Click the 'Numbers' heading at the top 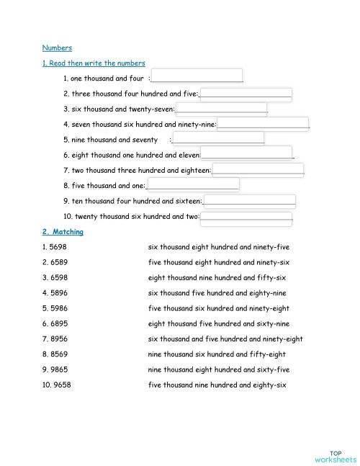(57, 48)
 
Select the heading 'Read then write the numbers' (94, 63)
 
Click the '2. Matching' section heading (63, 232)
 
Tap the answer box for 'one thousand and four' (197, 76)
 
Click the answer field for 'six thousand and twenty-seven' (221, 109)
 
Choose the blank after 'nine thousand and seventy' (218, 138)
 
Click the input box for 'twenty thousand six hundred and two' (246, 216)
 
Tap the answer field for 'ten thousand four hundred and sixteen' (249, 201)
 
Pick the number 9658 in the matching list (60, 385)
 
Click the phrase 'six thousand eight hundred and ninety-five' (219, 247)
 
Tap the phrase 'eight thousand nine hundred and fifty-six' (217, 277)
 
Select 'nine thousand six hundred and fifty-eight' (217, 354)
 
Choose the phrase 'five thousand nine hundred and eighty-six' (217, 385)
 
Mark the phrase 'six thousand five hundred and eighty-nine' (217, 293)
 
